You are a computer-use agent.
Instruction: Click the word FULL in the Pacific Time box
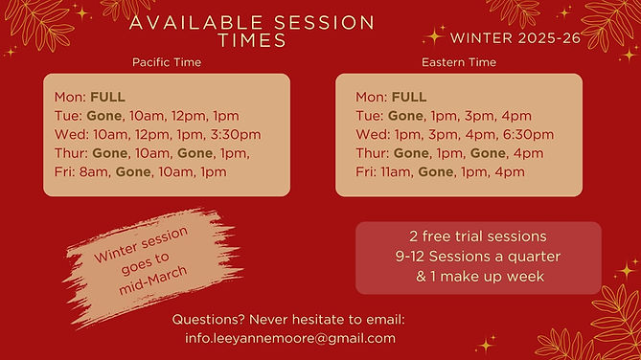pyautogui.click(x=108, y=97)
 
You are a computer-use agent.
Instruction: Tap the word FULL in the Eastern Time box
pyautogui.click(x=409, y=97)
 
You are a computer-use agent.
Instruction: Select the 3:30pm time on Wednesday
pyautogui.click(x=236, y=135)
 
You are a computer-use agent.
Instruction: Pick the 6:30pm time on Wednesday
pyautogui.click(x=528, y=135)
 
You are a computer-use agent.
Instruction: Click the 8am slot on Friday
pyautogui.click(x=95, y=172)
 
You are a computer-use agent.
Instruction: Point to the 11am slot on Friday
pyautogui.click(x=396, y=172)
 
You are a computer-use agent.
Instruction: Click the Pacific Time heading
pyautogui.click(x=167, y=62)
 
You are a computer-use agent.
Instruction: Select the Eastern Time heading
pyautogui.click(x=459, y=62)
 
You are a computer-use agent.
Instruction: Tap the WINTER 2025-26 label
pyautogui.click(x=515, y=38)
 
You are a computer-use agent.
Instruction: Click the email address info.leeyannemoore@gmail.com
pyautogui.click(x=290, y=338)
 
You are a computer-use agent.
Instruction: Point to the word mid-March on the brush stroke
pyautogui.click(x=153, y=281)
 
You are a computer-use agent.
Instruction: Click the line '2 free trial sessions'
pyautogui.click(x=478, y=236)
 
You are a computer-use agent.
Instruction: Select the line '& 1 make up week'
pyautogui.click(x=480, y=277)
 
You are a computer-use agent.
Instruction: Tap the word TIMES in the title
pyautogui.click(x=252, y=40)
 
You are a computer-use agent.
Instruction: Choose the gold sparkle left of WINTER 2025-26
pyautogui.click(x=434, y=36)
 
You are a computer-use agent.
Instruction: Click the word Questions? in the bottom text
pyautogui.click(x=208, y=320)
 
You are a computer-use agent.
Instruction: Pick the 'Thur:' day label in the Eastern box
pyautogui.click(x=372, y=153)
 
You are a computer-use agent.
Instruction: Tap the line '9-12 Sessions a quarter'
pyautogui.click(x=478, y=257)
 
